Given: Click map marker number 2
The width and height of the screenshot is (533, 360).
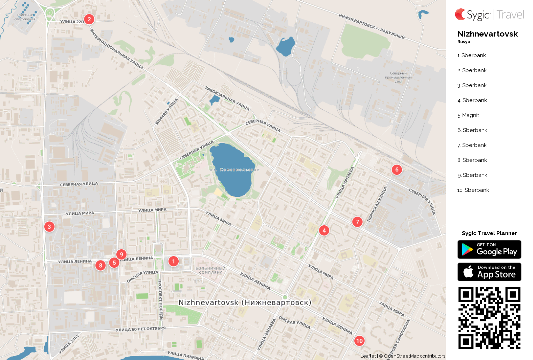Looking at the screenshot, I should click(x=89, y=19).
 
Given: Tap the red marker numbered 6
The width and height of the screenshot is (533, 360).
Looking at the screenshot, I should click(x=397, y=170).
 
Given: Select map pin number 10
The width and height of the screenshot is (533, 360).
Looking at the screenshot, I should click(x=359, y=341).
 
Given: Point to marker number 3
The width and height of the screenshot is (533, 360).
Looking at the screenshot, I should click(x=49, y=227).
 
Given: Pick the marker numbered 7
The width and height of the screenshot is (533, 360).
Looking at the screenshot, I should click(x=357, y=222).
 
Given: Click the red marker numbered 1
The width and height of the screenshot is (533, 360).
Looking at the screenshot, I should click(x=173, y=261).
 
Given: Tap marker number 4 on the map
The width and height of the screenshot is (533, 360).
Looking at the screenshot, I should click(x=324, y=230).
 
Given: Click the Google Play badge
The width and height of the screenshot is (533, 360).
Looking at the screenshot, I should click(x=489, y=250).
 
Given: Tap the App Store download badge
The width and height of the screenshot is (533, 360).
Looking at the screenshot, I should click(x=489, y=272).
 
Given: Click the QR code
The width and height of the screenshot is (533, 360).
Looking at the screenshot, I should click(x=489, y=318).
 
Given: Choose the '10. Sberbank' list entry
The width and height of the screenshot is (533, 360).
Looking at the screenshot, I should click(x=473, y=190).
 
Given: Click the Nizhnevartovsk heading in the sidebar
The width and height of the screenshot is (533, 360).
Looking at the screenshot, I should click(x=487, y=34).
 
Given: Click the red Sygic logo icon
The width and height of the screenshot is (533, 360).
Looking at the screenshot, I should click(x=460, y=14).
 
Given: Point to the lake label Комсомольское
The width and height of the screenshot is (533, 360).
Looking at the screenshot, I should click(x=239, y=170).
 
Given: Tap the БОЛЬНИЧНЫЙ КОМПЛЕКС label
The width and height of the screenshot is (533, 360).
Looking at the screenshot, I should click(x=210, y=271).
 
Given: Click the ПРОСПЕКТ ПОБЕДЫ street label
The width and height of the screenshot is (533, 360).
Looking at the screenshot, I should click(x=160, y=299).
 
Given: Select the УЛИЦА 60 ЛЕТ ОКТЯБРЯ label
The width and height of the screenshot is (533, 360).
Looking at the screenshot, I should click(x=140, y=329).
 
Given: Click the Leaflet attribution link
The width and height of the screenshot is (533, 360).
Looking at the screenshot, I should click(x=368, y=356).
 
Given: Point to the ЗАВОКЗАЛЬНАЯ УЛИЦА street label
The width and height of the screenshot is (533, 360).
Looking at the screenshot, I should click(x=227, y=98).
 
